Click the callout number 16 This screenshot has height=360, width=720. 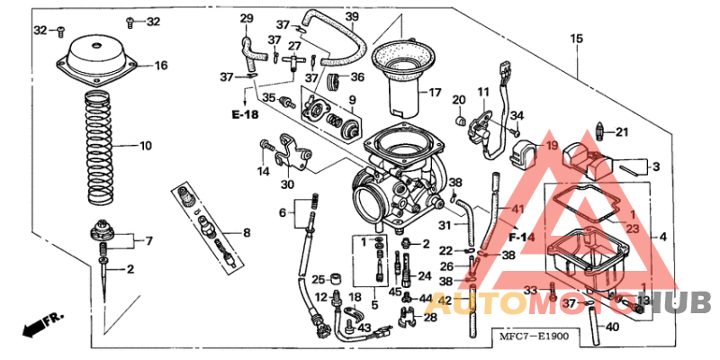161,66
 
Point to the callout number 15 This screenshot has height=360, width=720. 576,39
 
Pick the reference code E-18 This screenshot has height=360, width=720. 244,115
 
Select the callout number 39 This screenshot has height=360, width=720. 352,17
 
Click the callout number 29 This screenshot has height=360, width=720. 247,19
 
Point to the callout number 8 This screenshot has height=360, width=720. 247,233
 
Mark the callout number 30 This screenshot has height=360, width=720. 287,184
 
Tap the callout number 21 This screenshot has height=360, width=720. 622,133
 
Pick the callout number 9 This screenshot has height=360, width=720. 353,99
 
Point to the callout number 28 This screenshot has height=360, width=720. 430,317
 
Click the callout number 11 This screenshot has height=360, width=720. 483,92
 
